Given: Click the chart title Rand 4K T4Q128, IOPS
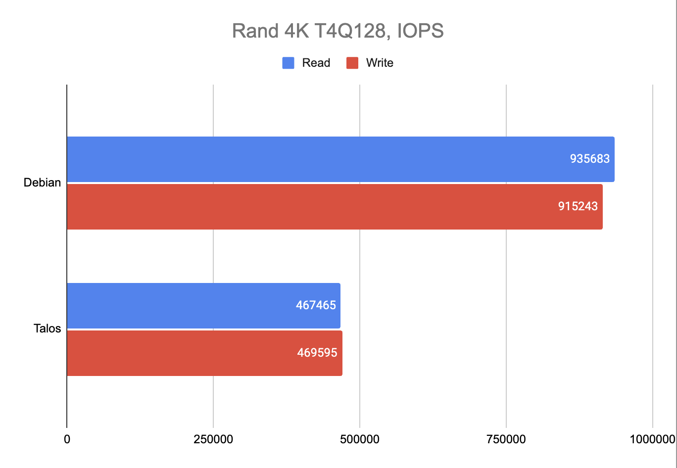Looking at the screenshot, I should click(338, 31).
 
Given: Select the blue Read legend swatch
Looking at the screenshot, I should click(288, 63).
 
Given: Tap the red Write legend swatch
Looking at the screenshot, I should click(352, 63).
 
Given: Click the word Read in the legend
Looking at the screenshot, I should click(316, 63).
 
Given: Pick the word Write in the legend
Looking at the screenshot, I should click(380, 63).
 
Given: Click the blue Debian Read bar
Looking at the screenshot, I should click(317, 159).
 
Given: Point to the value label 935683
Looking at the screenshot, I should click(590, 159).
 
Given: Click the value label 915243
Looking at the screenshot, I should click(578, 207).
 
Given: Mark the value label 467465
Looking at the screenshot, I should click(316, 305).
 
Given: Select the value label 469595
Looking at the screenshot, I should click(317, 353).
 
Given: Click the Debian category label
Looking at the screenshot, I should click(42, 183).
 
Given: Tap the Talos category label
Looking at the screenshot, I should click(48, 328).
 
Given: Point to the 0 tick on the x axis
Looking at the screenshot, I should click(67, 439).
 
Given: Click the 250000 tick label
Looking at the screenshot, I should click(213, 439).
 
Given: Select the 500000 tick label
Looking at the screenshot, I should click(360, 439).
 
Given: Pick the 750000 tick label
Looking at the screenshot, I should click(506, 439).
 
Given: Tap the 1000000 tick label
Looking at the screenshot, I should click(651, 439).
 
